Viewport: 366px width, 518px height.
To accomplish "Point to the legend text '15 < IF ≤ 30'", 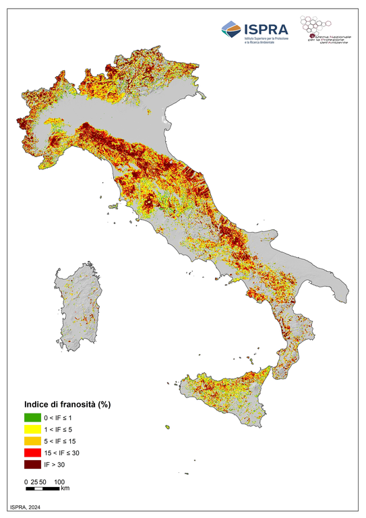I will pyautogui.click(x=71, y=453).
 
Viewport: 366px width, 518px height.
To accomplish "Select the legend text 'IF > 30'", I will pyautogui.click(x=64, y=464).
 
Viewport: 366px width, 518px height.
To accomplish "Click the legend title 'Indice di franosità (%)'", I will pyautogui.click(x=67, y=405).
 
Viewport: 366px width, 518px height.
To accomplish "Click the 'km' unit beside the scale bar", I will pyautogui.click(x=65, y=488).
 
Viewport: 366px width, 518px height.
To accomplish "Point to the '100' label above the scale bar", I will pyautogui.click(x=59, y=482).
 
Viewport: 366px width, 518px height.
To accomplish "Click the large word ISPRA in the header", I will pyautogui.click(x=266, y=28).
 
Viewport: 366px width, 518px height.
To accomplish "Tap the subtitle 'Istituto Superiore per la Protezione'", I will pyautogui.click(x=267, y=38).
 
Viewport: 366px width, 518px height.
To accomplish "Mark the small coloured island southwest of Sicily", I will pyautogui.click(x=166, y=426).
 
